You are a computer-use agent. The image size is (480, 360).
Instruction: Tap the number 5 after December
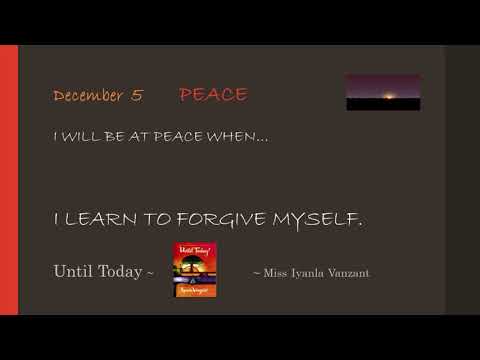pos(136,96)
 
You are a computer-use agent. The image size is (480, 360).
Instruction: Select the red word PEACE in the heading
pos(213,95)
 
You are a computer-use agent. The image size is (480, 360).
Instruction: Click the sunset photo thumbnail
pos(382,92)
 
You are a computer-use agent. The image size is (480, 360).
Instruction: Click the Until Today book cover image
pos(195,270)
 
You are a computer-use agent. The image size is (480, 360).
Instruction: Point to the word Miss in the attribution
pos(275,272)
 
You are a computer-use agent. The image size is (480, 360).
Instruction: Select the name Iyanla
pos(307,272)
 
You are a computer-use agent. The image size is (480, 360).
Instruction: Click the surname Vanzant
pos(348,272)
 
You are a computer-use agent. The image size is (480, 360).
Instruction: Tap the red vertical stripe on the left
pos(9,180)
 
